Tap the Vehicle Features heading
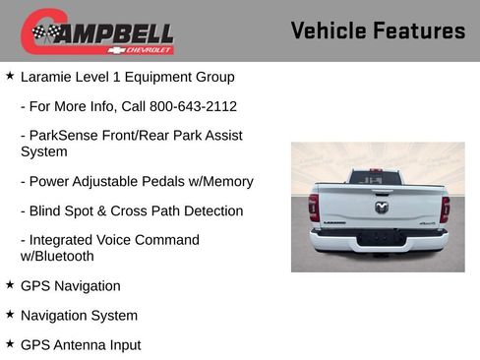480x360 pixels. pos(378,31)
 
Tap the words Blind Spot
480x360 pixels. pos(63,210)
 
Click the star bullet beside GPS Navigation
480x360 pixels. pos(10,285)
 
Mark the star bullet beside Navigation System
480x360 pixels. pos(10,315)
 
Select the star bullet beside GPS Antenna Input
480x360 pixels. pos(10,344)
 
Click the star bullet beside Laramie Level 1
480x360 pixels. pos(10,76)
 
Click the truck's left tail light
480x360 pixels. pos(314,208)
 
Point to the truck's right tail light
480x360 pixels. pos(445,208)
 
